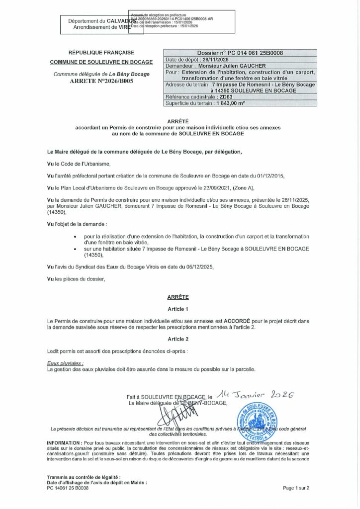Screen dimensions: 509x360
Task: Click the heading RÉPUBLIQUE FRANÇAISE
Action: [x=101, y=53]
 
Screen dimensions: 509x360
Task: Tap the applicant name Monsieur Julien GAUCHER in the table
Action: [x=232, y=66]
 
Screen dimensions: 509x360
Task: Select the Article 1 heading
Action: [x=180, y=309]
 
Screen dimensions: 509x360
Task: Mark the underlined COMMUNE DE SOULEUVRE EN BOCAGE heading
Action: [x=101, y=63]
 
